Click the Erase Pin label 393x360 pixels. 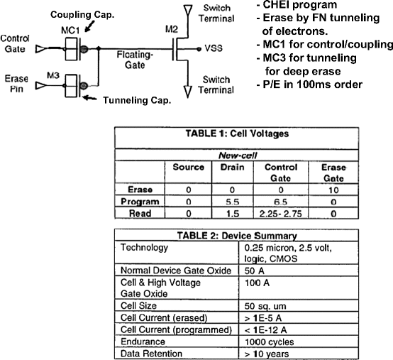point(15,78)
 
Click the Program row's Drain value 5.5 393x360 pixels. point(228,201)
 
